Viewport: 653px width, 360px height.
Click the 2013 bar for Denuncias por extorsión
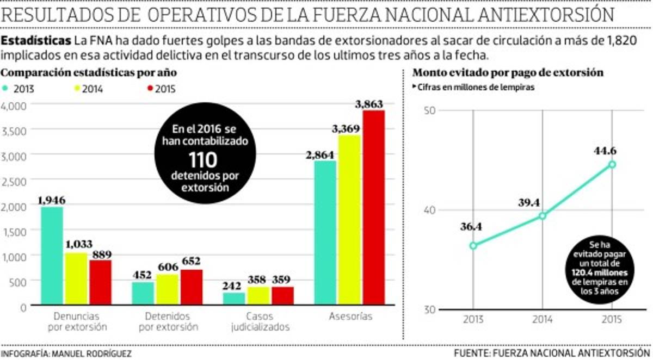click(x=52, y=256)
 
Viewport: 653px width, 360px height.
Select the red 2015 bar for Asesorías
click(x=374, y=208)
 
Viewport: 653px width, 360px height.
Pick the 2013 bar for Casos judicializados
click(x=235, y=299)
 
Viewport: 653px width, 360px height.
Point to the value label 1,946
click(x=51, y=200)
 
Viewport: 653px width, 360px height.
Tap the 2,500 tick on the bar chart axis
click(x=15, y=181)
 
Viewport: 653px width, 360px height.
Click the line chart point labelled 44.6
click(x=612, y=164)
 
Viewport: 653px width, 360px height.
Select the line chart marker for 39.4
click(x=543, y=216)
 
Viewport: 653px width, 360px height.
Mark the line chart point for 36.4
click(x=473, y=245)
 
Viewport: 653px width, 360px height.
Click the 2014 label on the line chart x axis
click(x=543, y=319)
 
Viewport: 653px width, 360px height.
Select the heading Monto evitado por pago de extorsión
click(x=507, y=72)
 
